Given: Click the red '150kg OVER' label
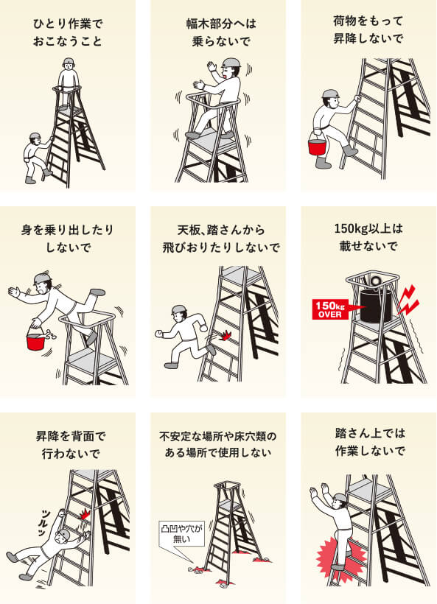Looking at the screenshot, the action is [331, 309].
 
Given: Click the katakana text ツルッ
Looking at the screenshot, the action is [46, 522].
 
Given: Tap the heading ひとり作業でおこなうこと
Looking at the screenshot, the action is [69, 32].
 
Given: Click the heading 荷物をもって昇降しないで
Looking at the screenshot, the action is [368, 29].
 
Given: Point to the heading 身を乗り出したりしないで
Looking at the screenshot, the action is [68, 239].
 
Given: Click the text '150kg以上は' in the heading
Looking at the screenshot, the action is [368, 229].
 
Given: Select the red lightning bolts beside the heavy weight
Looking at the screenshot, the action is [408, 301].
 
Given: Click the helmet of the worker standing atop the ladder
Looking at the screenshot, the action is [69, 61].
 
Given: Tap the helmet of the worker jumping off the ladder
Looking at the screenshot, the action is [179, 309].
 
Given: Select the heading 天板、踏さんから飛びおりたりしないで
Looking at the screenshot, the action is [221, 239].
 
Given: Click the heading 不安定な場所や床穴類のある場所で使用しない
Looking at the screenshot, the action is [218, 444].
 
